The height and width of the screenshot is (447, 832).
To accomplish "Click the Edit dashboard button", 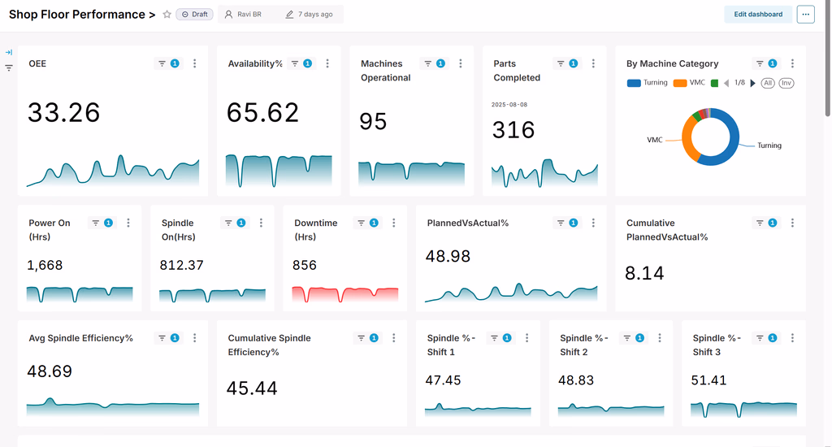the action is click(x=758, y=15).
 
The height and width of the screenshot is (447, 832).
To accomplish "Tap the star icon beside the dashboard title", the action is click(x=167, y=15).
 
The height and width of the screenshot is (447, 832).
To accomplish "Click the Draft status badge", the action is click(x=195, y=15).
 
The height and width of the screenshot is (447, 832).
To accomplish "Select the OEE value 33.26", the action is click(x=63, y=112).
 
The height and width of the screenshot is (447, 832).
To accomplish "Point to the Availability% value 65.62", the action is click(x=262, y=112).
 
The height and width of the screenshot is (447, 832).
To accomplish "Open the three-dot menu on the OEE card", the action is click(x=195, y=63).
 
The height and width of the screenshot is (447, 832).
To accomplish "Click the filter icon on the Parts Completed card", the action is click(x=561, y=63).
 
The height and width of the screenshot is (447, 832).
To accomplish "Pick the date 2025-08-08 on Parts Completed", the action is click(x=509, y=105).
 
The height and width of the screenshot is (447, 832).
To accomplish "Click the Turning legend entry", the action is click(x=648, y=83).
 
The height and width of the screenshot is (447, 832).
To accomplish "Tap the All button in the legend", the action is click(x=768, y=83).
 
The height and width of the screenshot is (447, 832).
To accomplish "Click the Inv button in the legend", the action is click(x=786, y=83).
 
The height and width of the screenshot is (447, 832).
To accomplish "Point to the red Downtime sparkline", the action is click(x=344, y=293).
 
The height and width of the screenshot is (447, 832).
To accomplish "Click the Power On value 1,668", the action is click(x=45, y=265).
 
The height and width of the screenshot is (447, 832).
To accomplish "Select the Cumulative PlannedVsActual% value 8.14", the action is click(x=644, y=273).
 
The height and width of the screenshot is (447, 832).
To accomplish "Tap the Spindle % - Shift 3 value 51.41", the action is click(x=708, y=380).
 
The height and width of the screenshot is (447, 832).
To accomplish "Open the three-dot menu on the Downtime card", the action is click(x=394, y=223).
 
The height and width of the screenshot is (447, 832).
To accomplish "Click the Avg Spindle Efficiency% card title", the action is click(x=80, y=338).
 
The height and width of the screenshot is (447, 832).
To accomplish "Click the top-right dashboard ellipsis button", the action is click(x=805, y=15).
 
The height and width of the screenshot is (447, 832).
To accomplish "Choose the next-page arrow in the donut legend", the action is click(x=752, y=83).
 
